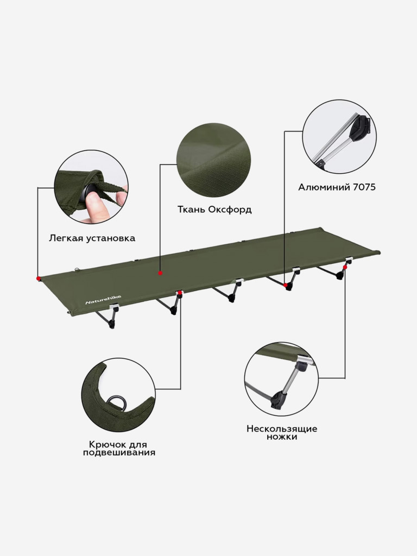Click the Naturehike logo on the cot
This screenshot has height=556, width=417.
[x=103, y=299]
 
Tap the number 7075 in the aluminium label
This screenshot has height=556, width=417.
[x=364, y=187]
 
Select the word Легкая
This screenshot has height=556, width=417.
[x=66, y=238]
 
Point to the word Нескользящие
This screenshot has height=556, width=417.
[x=282, y=429]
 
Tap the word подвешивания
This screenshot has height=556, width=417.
[x=119, y=453]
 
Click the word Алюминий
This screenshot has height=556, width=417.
[x=324, y=187]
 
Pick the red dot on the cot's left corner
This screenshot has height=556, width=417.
[x=39, y=279]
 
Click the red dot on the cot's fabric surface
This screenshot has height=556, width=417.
[x=160, y=273]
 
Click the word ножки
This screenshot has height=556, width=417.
[x=282, y=437]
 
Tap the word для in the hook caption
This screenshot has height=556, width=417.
[x=136, y=445]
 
